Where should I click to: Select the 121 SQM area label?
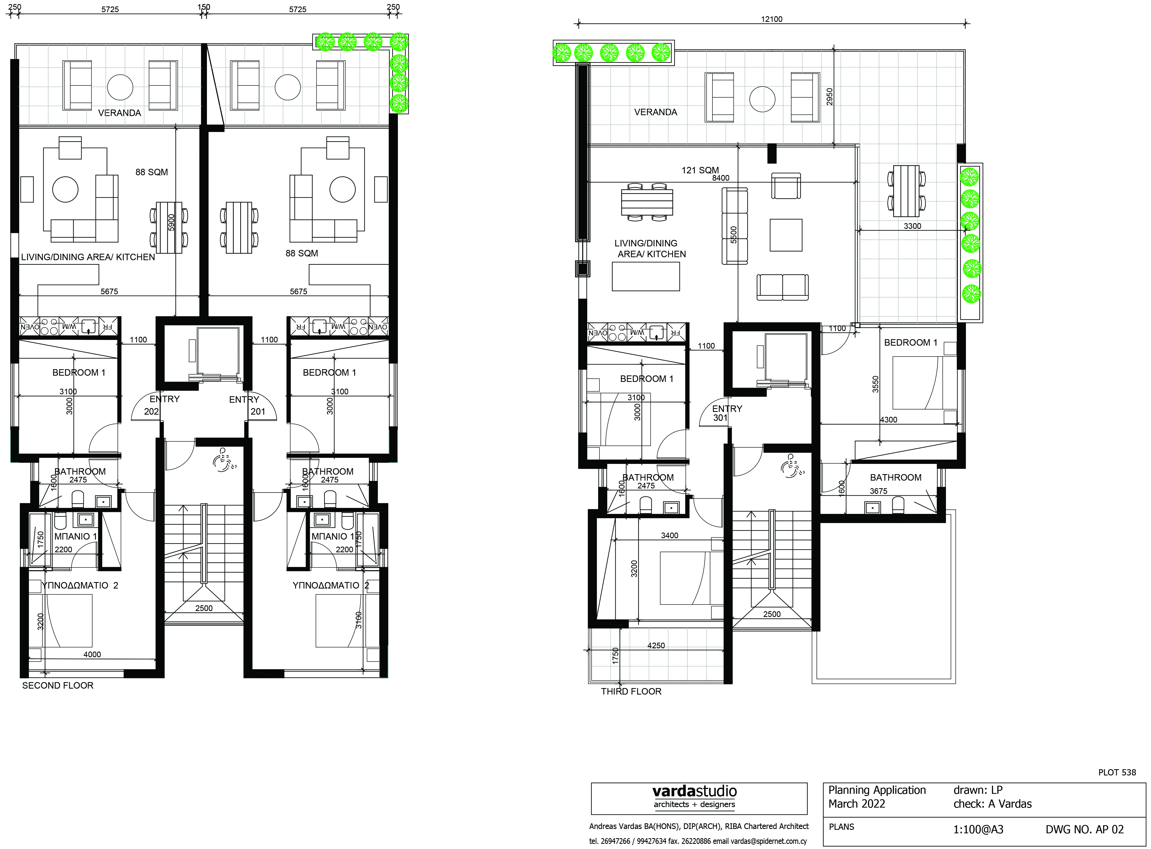(x=700, y=170)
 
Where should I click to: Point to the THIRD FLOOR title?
(x=631, y=691)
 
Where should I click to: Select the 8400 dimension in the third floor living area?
(x=720, y=178)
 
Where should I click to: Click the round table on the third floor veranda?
(x=762, y=99)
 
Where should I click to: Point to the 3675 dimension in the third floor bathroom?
(x=878, y=491)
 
